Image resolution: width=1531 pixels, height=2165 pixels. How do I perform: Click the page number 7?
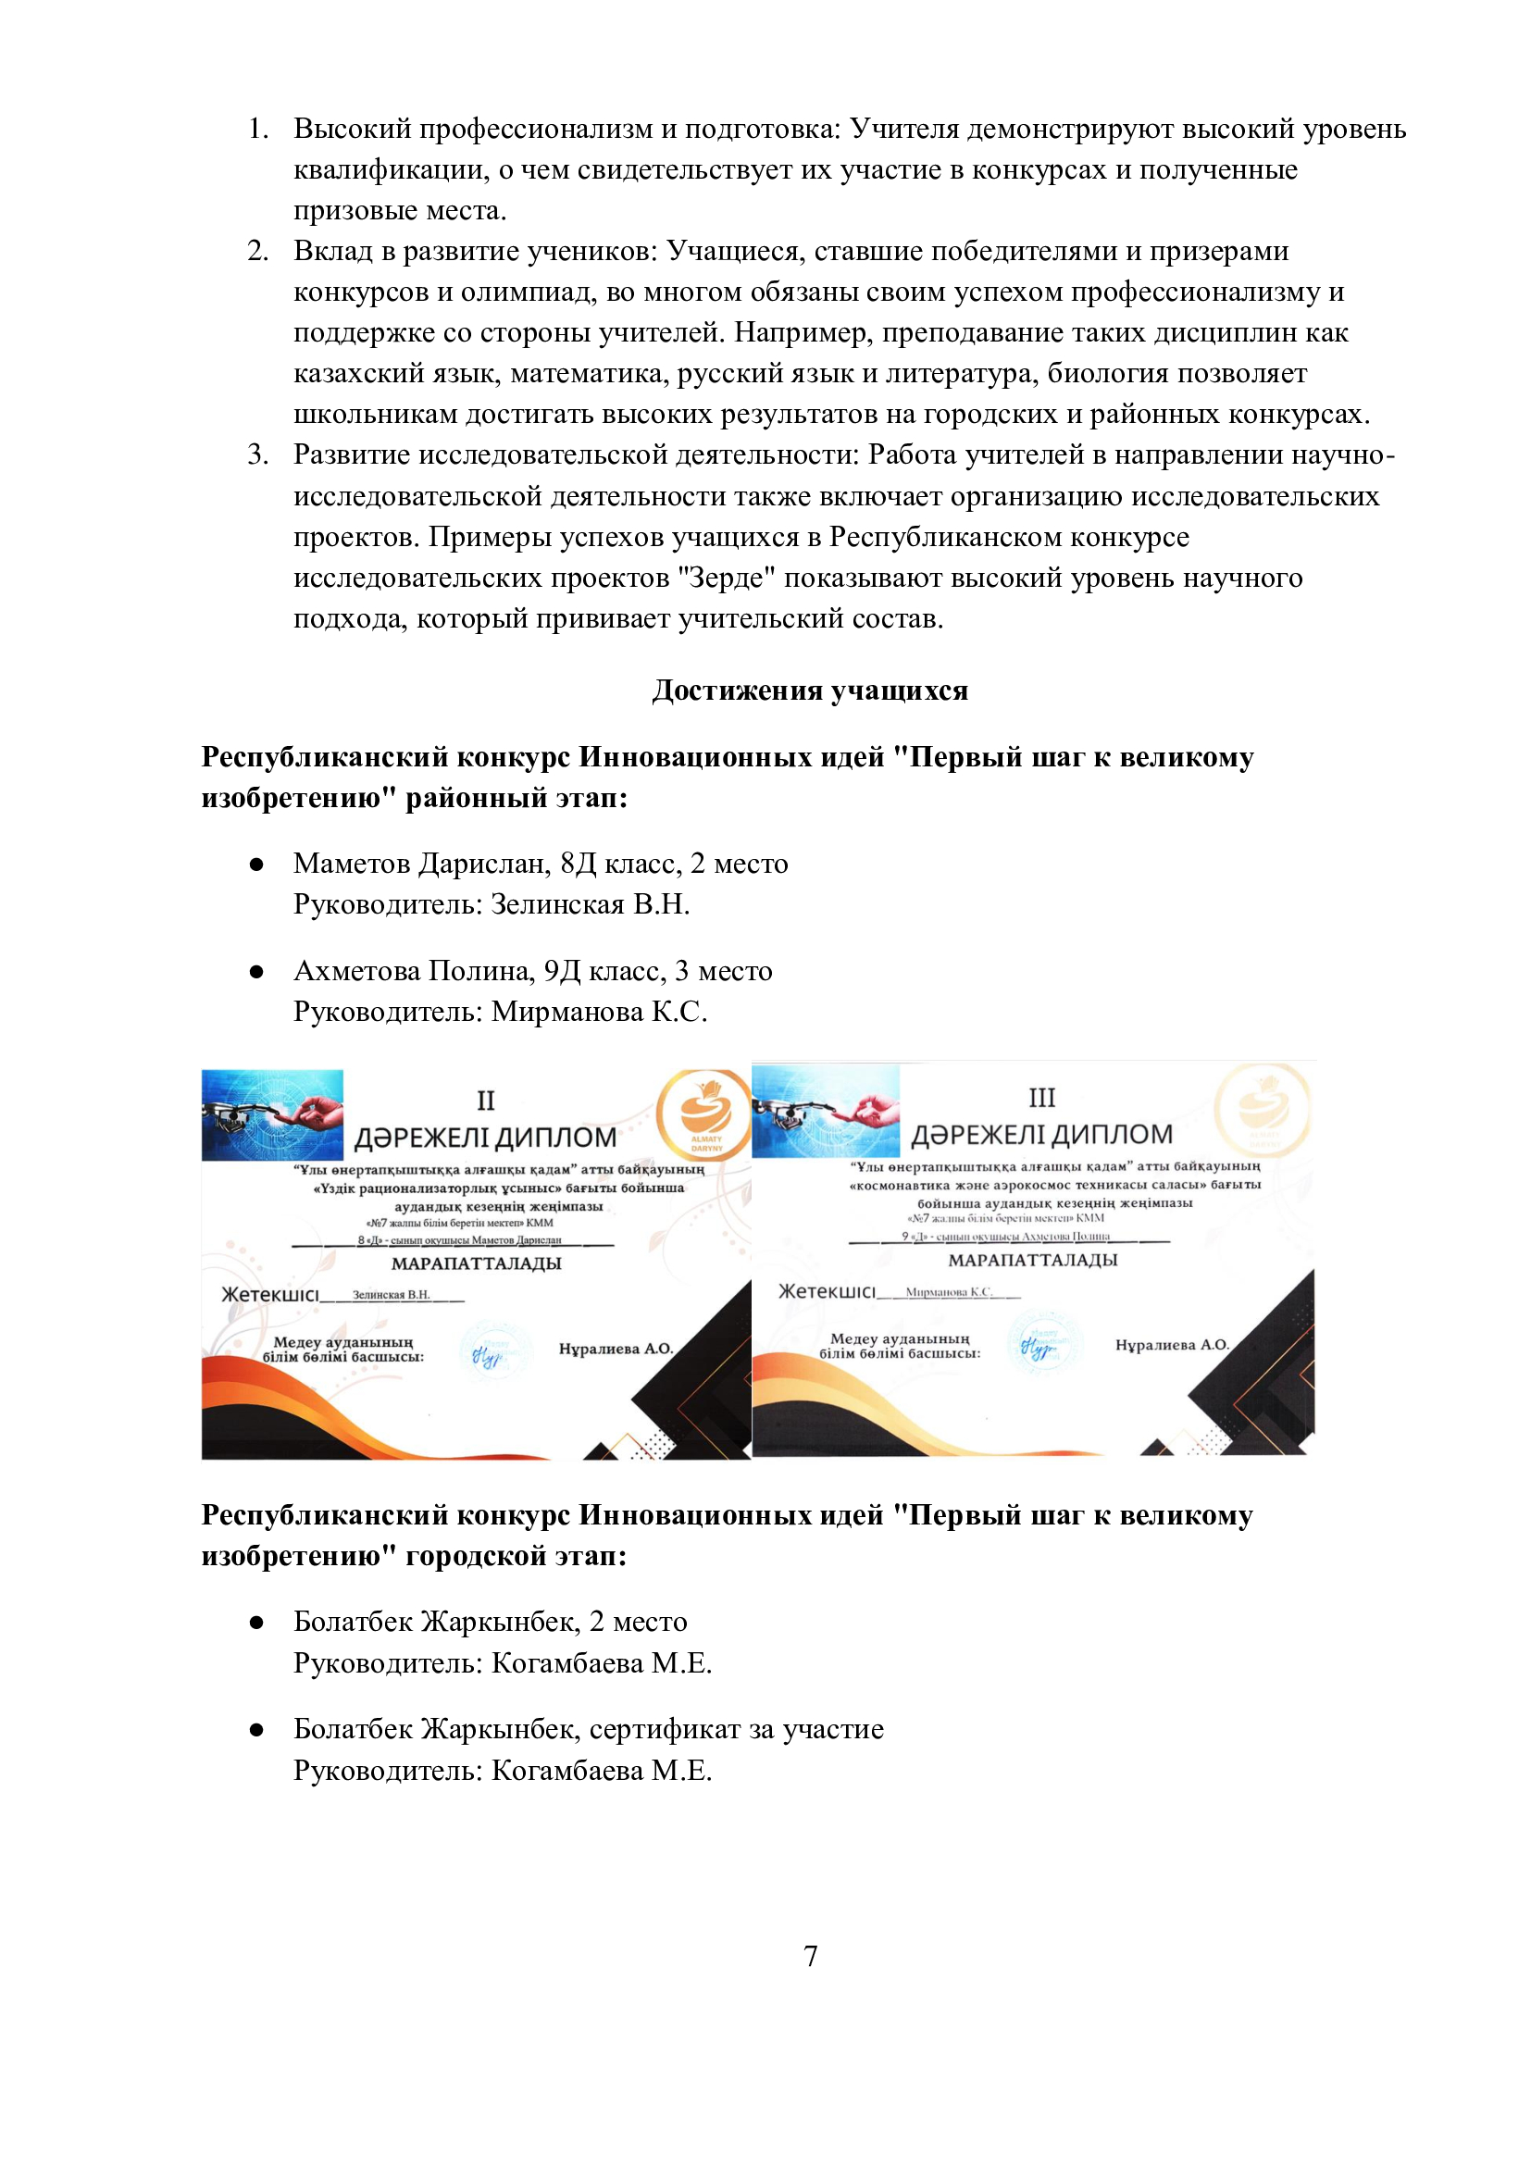(810, 1957)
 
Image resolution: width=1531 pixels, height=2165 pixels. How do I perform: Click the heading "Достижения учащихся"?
(810, 691)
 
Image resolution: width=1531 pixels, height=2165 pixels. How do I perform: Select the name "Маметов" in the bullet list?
(352, 864)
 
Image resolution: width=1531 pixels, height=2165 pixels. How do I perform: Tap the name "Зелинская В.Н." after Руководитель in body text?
(591, 904)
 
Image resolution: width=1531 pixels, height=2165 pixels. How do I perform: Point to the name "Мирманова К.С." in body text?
(599, 1012)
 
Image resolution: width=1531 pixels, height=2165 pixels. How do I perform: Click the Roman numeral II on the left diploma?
(486, 1101)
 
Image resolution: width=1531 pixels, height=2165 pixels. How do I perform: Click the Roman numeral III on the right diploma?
(1041, 1098)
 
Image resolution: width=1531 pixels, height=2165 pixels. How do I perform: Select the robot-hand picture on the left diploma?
(272, 1114)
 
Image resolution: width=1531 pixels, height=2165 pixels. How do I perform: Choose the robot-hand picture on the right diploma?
(826, 1111)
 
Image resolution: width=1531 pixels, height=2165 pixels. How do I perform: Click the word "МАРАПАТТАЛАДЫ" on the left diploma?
(476, 1263)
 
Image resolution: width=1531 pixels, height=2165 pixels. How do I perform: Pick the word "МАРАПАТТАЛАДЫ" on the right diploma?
(1032, 1260)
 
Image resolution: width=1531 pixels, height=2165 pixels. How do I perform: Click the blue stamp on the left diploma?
(488, 1354)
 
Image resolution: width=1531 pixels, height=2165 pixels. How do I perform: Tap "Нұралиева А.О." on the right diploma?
(1172, 1345)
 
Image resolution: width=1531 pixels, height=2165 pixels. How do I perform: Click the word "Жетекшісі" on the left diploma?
(269, 1295)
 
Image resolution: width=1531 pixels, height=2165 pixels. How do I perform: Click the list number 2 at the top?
(257, 252)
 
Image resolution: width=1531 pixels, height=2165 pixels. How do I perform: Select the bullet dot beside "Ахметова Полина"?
(255, 972)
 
